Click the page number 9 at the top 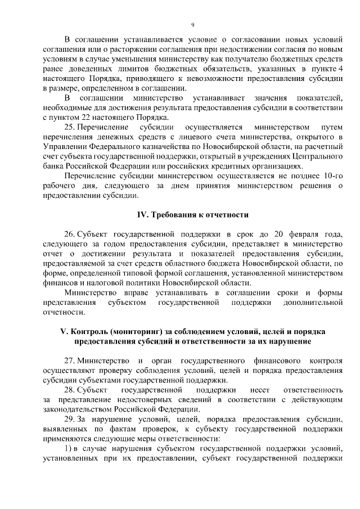point(192,25)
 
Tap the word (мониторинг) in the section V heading point(130,331)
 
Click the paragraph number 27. point(70,360)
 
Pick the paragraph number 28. point(70,389)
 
